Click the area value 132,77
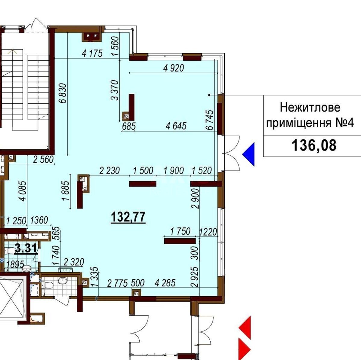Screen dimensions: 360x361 [128, 217]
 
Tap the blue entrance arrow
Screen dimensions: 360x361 [249, 154]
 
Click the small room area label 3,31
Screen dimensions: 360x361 [26, 249]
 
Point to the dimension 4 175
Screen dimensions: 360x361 [92, 53]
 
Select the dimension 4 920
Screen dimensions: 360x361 [173, 68]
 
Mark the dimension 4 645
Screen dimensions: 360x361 [176, 126]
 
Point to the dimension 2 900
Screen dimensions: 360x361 [196, 199]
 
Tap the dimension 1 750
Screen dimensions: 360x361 [180, 231]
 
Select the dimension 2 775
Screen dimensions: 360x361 [117, 283]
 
